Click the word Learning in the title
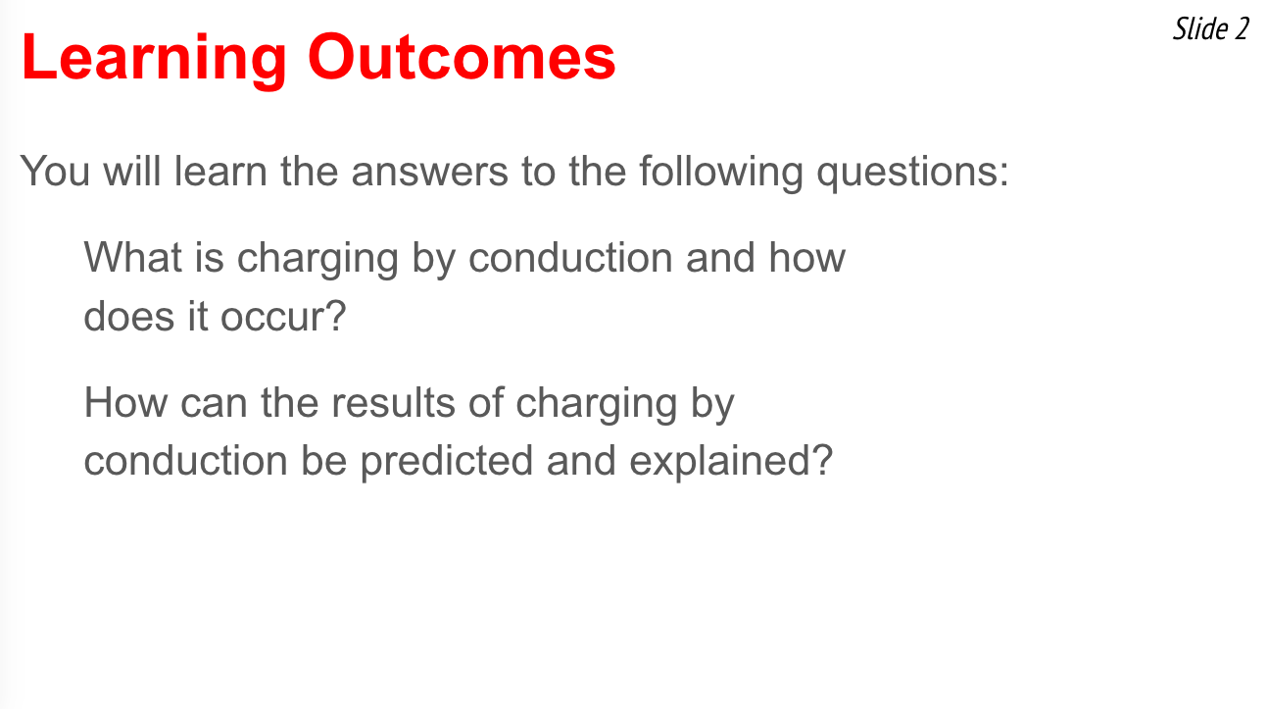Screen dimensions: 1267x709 [x=154, y=60]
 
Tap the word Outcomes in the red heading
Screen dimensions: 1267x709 [x=462, y=57]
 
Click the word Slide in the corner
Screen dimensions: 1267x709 [x=1200, y=28]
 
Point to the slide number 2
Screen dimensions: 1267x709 [x=1242, y=29]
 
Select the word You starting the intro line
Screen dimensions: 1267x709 [x=55, y=171]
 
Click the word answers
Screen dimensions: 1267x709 [x=429, y=172]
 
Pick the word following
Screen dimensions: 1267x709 [x=721, y=173]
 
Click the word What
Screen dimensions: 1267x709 [x=133, y=258]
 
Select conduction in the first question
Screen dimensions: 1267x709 [x=570, y=258]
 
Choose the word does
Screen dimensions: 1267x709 [x=129, y=316]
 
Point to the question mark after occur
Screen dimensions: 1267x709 [x=334, y=315]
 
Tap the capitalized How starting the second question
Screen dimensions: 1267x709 [x=125, y=402]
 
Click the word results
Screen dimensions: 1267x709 [x=393, y=402]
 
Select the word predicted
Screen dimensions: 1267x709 [x=446, y=462]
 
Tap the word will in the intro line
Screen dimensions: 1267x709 [x=131, y=171]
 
